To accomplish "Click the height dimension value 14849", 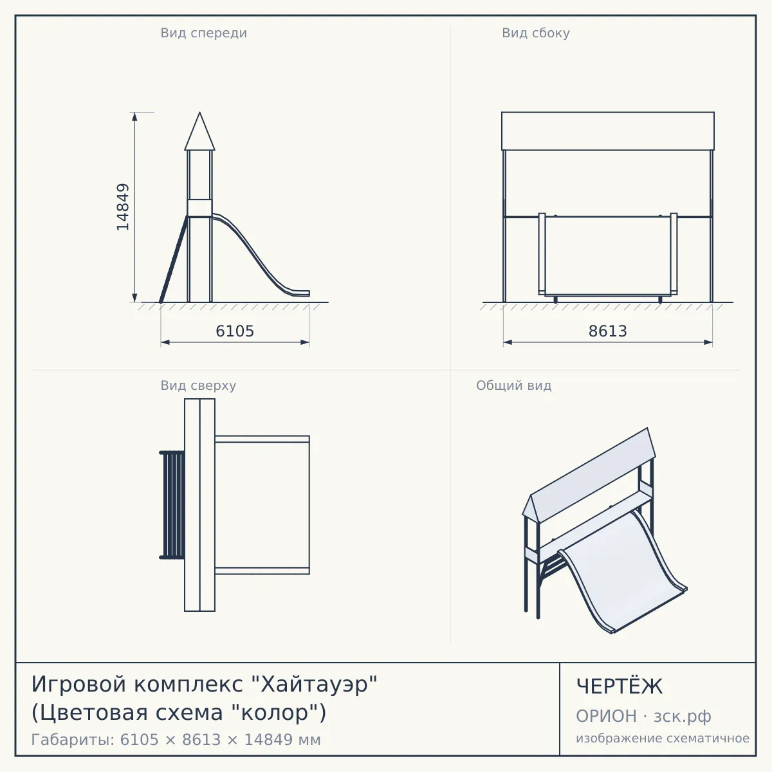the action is point(123,207).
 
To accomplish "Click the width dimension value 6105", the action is point(235,331).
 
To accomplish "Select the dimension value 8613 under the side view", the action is point(608,331).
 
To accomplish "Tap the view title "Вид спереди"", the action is point(203,33).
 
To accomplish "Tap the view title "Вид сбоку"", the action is point(536,33).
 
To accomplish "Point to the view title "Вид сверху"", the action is point(198,385).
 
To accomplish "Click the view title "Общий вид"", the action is point(513,385).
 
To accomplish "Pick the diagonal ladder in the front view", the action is point(174,259).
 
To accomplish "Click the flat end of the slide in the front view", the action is point(300,293).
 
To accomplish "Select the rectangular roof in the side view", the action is point(608,131).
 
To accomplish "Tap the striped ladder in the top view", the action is point(172,505).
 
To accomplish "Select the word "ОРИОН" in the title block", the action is point(606,716).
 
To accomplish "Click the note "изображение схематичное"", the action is point(663,738).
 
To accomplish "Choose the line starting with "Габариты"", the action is point(176,740).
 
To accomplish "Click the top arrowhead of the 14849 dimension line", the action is point(134,116).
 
